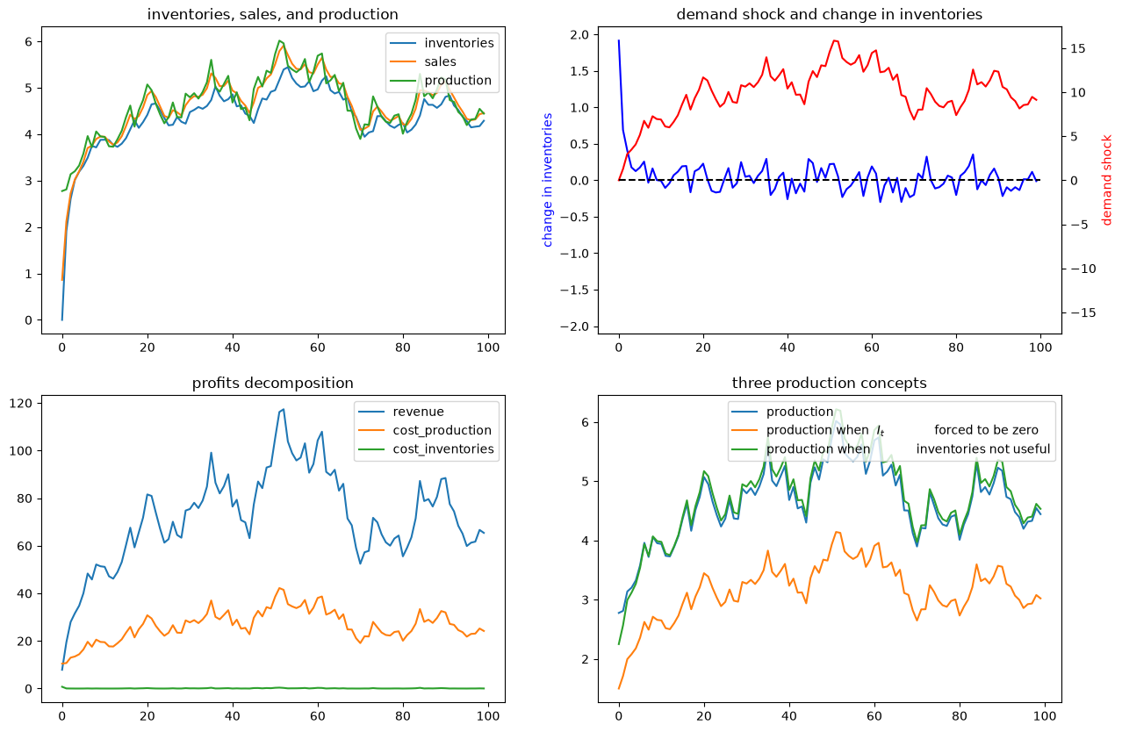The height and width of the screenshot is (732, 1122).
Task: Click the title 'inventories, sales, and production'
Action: [x=272, y=14]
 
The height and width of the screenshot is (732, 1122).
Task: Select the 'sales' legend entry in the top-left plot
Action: [x=441, y=61]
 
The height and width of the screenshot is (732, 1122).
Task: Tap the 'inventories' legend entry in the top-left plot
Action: [x=459, y=43]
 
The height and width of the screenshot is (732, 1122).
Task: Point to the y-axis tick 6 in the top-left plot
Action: [x=29, y=41]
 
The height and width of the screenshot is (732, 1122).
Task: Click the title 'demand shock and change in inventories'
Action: [x=829, y=14]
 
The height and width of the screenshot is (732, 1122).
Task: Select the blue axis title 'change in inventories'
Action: [x=547, y=180]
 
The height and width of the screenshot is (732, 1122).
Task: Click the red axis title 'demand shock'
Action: [x=1106, y=180]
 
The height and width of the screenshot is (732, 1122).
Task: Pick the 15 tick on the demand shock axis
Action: [x=1078, y=48]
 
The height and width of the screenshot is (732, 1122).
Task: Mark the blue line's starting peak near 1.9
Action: [x=619, y=40]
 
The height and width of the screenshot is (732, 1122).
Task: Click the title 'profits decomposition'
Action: [x=272, y=383]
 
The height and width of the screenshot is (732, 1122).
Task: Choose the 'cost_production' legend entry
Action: [x=442, y=431]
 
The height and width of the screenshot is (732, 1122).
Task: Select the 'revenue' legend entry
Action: [x=418, y=412]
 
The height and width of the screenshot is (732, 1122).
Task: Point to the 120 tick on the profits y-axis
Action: [x=20, y=404]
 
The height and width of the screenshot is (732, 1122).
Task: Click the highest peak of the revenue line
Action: [x=284, y=410]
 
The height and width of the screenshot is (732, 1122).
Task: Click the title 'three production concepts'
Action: [x=829, y=383]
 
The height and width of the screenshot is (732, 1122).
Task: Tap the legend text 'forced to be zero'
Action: [x=986, y=430]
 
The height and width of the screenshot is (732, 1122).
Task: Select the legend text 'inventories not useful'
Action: [x=983, y=449]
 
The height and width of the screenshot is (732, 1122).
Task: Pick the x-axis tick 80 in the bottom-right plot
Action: [x=960, y=716]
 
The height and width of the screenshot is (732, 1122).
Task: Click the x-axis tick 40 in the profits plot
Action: [x=233, y=716]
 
